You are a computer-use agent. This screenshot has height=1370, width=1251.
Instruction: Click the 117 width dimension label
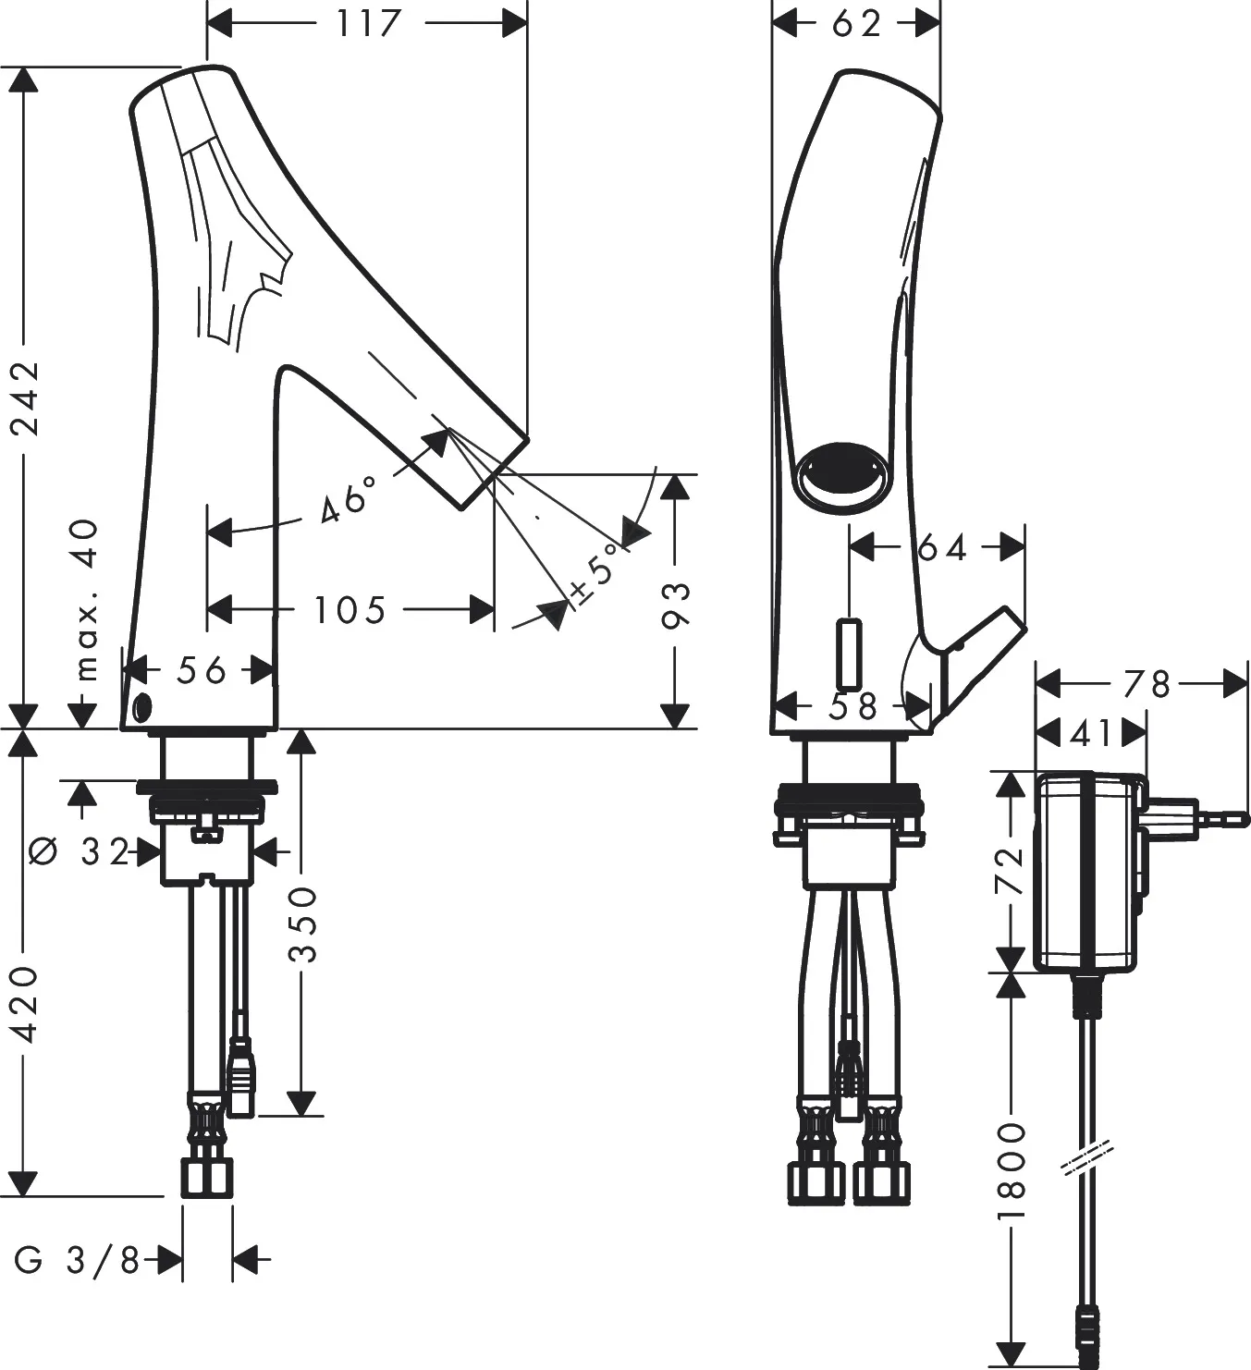tap(368, 25)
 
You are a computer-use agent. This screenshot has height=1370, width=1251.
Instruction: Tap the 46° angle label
tap(350, 499)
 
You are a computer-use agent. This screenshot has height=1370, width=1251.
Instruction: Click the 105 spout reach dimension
tap(350, 610)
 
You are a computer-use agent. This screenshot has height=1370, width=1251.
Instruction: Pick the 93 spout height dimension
tap(675, 605)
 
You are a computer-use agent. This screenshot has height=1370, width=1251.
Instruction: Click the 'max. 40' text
tap(84, 601)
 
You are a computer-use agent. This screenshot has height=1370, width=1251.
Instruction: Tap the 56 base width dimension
tap(201, 670)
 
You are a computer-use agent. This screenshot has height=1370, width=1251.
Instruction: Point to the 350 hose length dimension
tap(302, 924)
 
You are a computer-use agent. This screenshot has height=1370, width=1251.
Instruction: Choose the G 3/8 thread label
tap(77, 1261)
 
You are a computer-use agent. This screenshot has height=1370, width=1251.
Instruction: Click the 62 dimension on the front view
tap(857, 25)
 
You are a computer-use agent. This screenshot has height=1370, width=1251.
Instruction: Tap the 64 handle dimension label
tap(942, 548)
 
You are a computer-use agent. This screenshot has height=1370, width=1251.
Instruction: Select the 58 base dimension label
tap(852, 706)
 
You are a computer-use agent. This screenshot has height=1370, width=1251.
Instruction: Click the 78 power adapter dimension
tap(1147, 684)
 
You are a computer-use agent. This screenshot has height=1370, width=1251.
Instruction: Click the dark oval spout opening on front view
tap(843, 475)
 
